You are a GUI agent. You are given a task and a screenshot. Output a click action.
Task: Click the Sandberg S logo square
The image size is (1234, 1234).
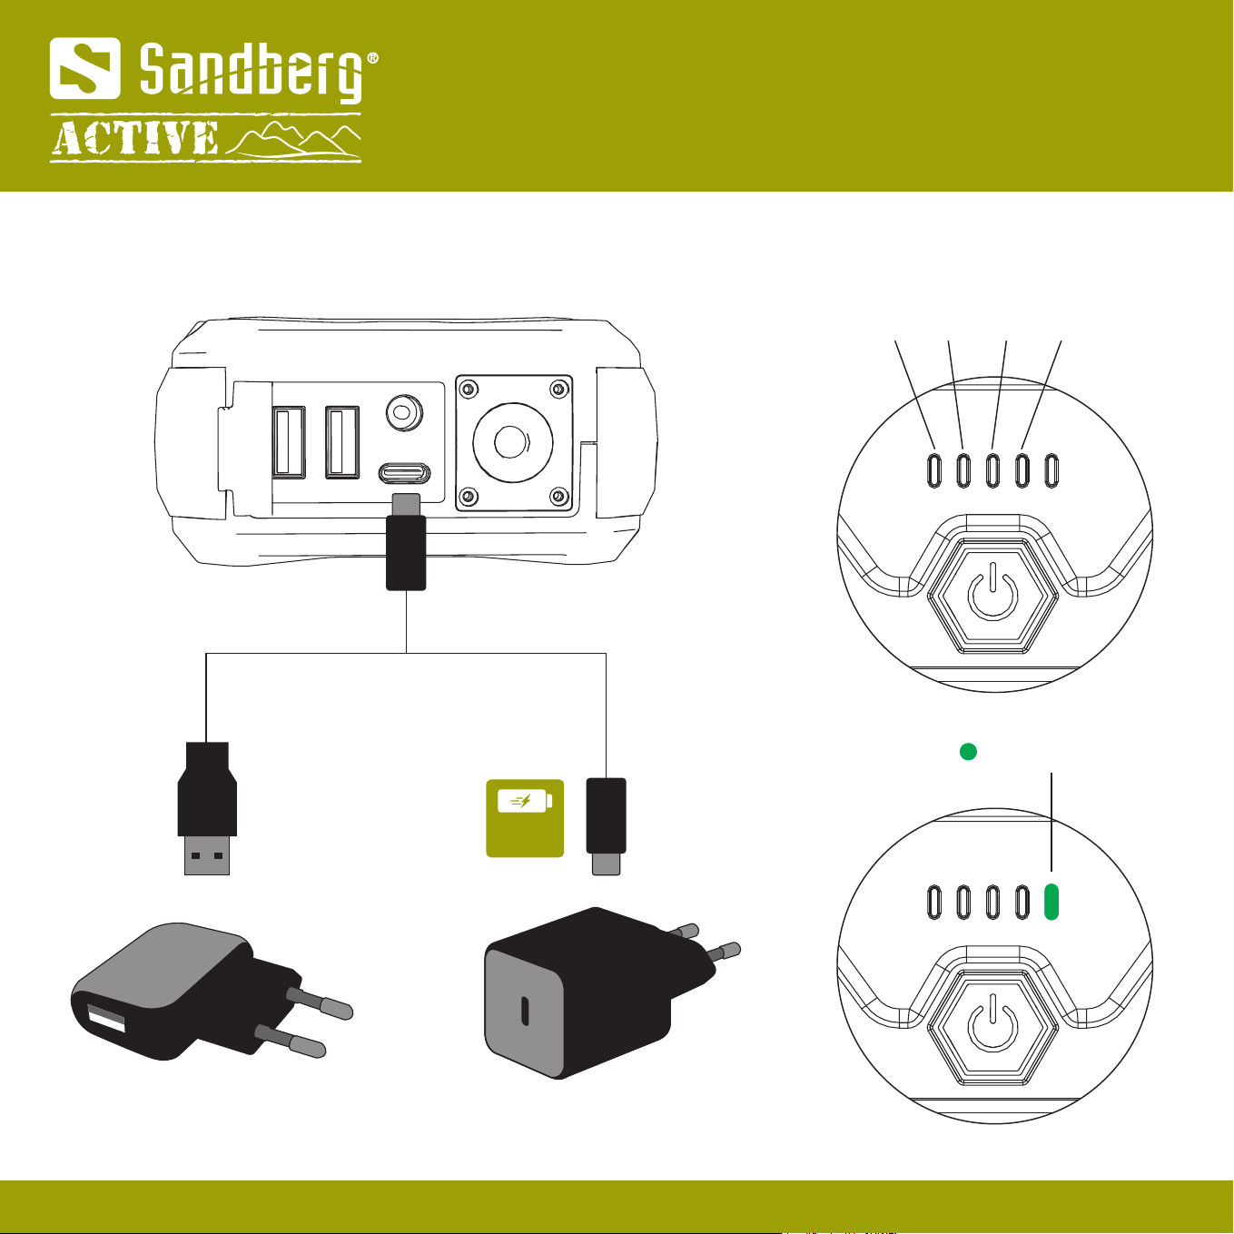pos(84,68)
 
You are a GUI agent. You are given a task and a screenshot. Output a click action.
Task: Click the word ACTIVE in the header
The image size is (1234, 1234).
pos(135,138)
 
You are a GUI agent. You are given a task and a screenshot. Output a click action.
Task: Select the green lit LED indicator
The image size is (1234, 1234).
pos(1051,902)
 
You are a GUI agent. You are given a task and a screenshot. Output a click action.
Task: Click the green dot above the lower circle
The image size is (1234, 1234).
pos(968,751)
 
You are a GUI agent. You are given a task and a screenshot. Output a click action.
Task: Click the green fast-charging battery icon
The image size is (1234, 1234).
pos(525,818)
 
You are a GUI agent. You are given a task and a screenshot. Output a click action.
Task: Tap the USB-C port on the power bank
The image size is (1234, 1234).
pos(404,474)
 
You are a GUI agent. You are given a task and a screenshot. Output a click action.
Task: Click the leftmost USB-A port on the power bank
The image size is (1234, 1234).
pos(289,442)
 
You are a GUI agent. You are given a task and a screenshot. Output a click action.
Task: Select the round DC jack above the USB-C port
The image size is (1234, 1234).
pos(404,412)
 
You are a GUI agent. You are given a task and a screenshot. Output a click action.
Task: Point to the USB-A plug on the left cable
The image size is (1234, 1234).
pos(207,808)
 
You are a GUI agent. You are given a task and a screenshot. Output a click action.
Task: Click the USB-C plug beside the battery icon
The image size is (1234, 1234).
pos(606,826)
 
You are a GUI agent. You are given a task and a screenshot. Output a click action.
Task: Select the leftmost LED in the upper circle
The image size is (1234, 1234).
pos(934,470)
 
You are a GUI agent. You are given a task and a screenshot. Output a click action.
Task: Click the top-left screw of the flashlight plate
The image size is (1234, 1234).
pos(469,389)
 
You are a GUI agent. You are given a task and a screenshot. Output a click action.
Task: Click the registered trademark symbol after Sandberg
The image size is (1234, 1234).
pos(371,58)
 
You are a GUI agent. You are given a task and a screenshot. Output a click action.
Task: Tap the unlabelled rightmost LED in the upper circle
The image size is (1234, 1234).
pos(1051,470)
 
